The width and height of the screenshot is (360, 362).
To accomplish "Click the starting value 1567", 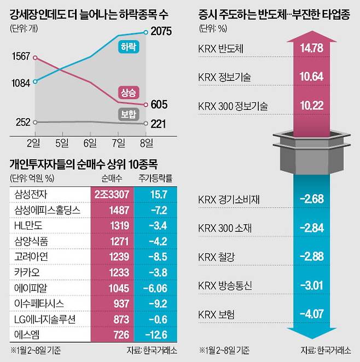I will (20, 57).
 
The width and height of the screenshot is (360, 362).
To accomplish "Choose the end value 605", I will (159, 104).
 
